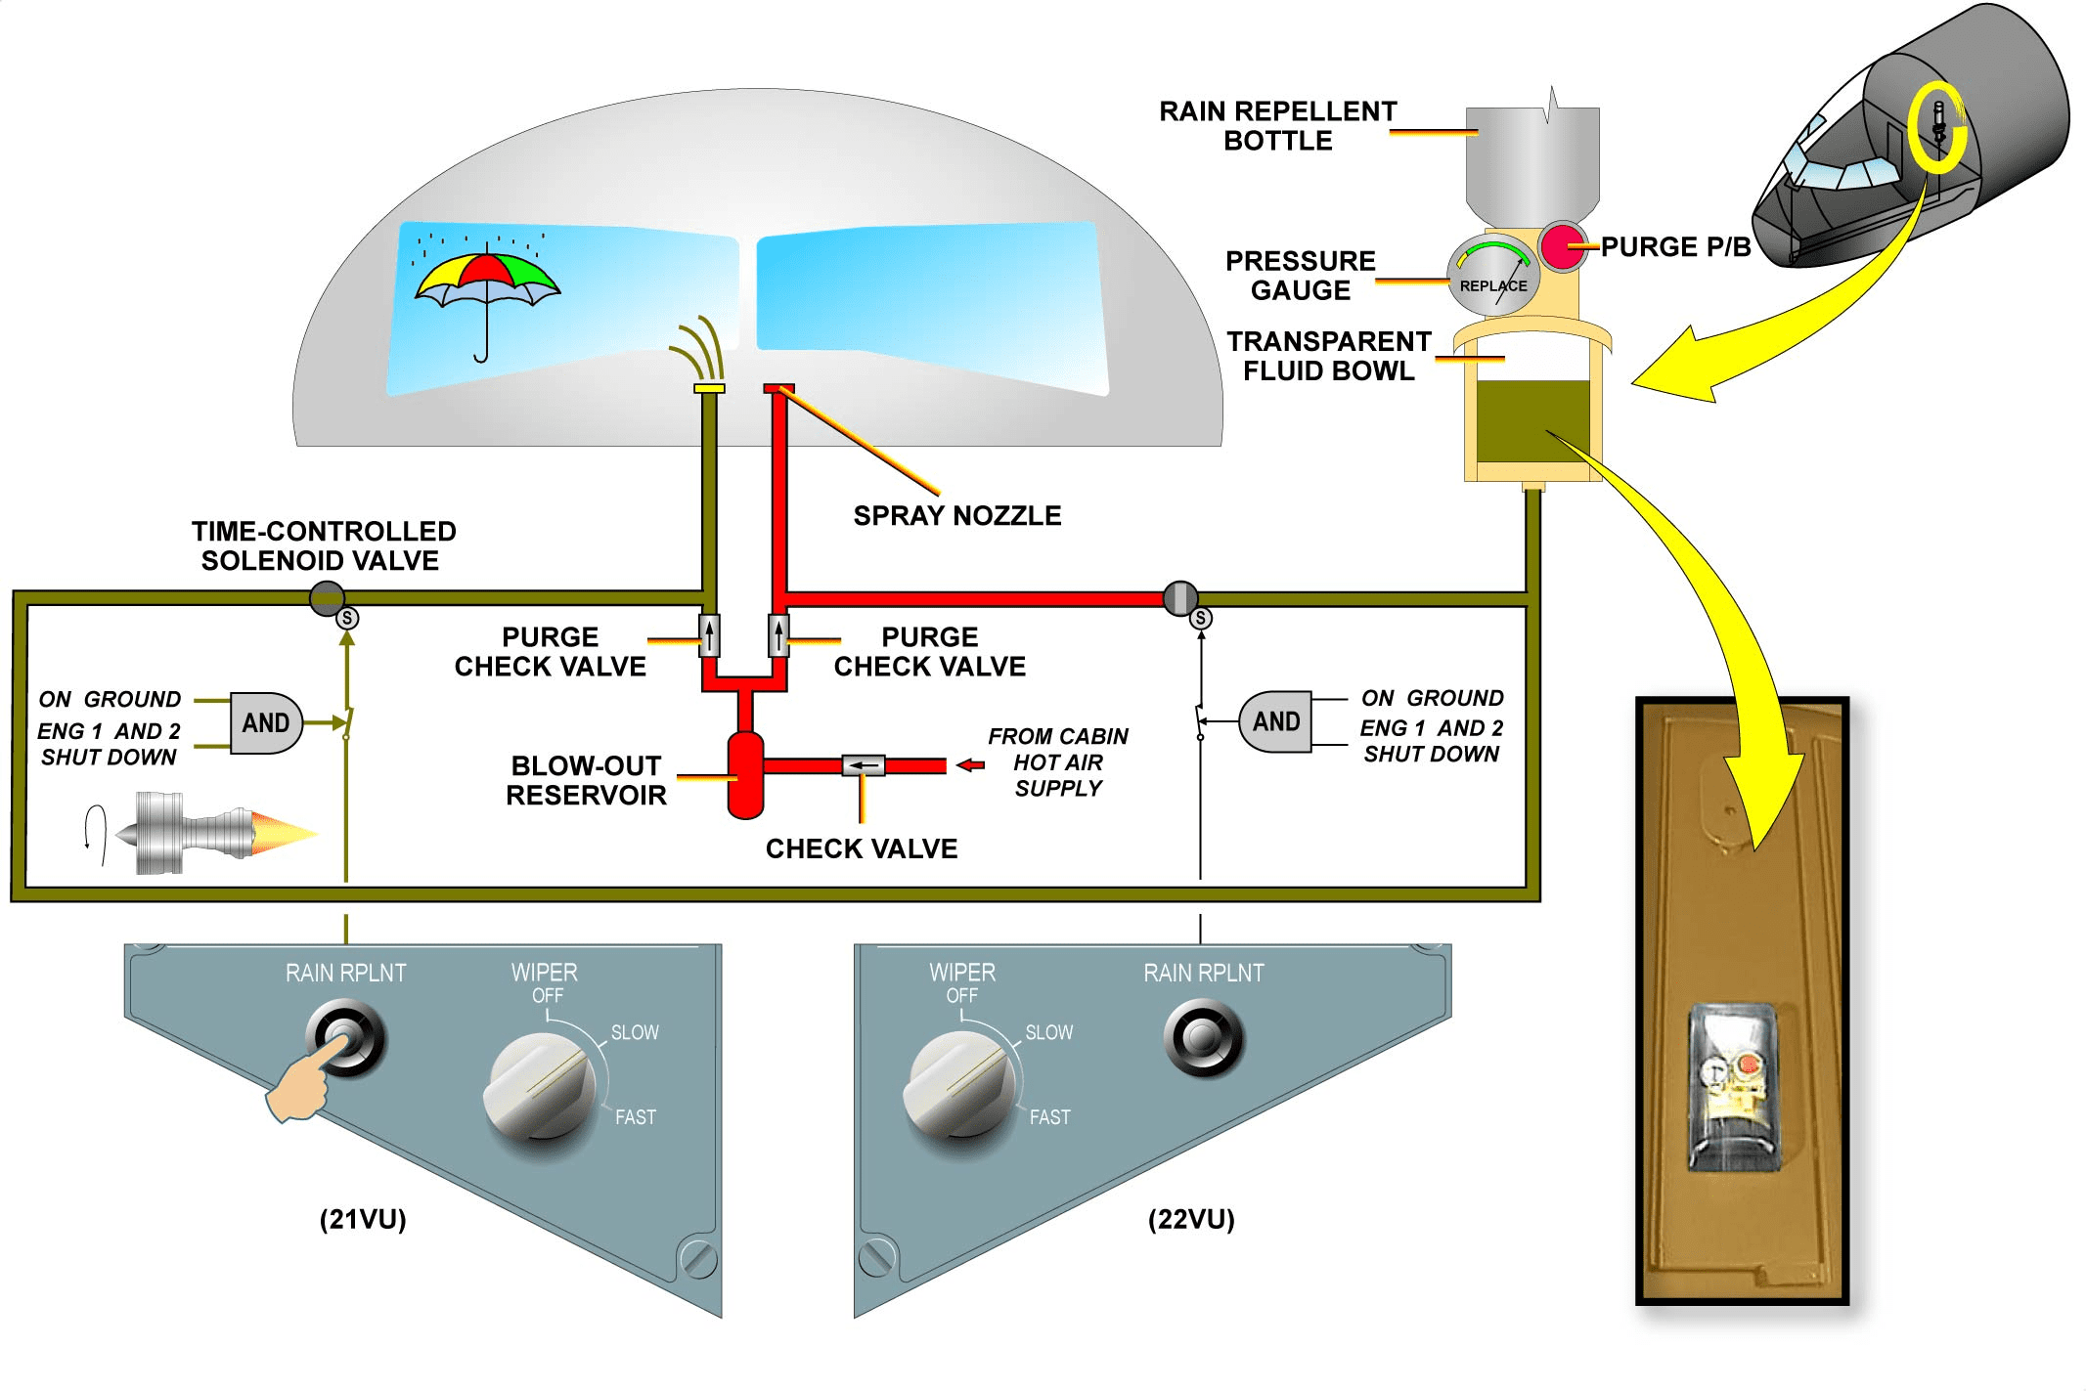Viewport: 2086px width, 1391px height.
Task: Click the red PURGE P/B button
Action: (x=1563, y=245)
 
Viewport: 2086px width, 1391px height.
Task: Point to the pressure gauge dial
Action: (x=1492, y=275)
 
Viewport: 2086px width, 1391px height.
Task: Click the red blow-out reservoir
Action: (x=745, y=774)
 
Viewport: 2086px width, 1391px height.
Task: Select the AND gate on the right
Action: (x=1275, y=722)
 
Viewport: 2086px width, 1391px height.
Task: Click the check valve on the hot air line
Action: (x=864, y=765)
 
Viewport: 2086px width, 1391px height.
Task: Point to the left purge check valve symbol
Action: (x=710, y=635)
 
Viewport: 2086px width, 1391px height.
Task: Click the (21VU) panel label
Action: (x=363, y=1219)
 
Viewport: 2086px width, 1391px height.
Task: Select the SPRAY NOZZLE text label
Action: (x=956, y=515)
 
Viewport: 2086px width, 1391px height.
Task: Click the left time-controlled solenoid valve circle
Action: (x=327, y=597)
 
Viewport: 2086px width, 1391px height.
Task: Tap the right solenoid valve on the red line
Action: (x=1180, y=597)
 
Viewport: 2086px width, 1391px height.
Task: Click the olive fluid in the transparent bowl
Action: (x=1531, y=420)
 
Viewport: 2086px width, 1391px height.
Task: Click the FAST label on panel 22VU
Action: (x=1049, y=1116)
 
